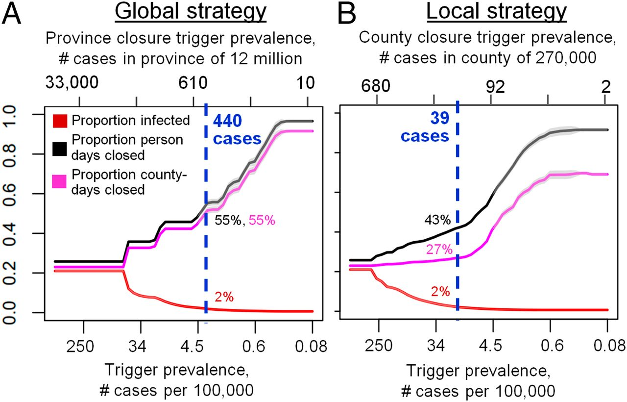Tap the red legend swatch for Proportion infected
60,120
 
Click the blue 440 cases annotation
236,130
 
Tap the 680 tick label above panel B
376,86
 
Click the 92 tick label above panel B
495,86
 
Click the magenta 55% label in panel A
262,221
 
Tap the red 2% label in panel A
224,297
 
